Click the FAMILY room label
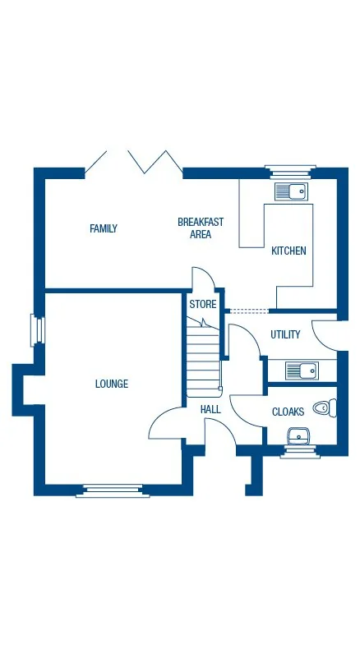point(104,228)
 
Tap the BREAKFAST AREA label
point(201,228)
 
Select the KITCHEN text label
point(288,251)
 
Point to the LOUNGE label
point(111,384)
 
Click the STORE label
point(203,304)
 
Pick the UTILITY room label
point(285,334)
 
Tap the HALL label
point(210,408)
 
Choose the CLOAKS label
point(288,412)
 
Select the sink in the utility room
point(301,371)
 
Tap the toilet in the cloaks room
point(327,407)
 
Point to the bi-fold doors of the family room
point(134,162)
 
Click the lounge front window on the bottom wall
point(113,491)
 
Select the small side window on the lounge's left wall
point(35,329)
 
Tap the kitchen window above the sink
point(290,171)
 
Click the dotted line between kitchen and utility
point(247,311)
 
